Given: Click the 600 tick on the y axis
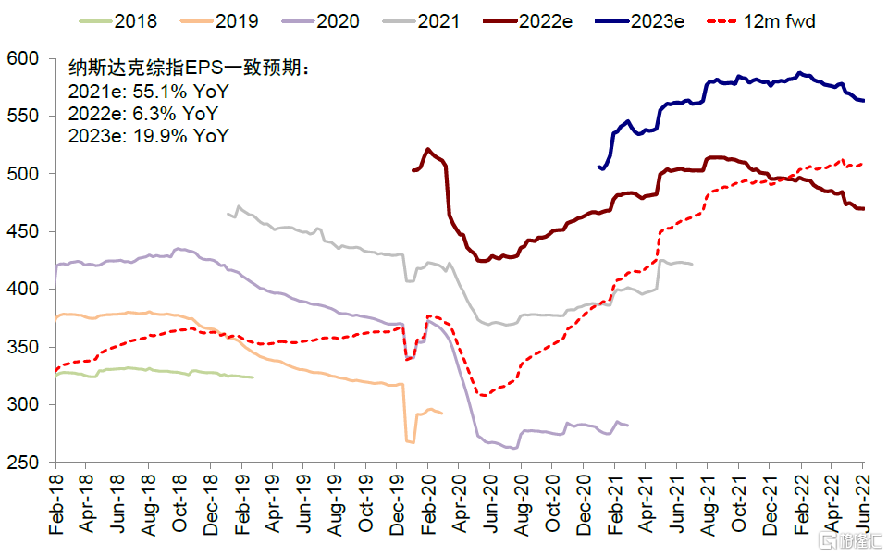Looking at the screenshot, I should (x=29, y=59).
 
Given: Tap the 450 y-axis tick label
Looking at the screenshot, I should (x=29, y=232).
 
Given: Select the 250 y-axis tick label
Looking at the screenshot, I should (x=29, y=463).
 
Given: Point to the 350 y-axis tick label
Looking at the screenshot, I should (x=29, y=348).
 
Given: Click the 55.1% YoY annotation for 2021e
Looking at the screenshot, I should (x=148, y=92).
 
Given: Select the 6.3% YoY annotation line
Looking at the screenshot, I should (x=144, y=114).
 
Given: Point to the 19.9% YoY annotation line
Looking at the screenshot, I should (x=148, y=136).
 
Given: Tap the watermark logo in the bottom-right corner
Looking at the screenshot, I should (x=850, y=539).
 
